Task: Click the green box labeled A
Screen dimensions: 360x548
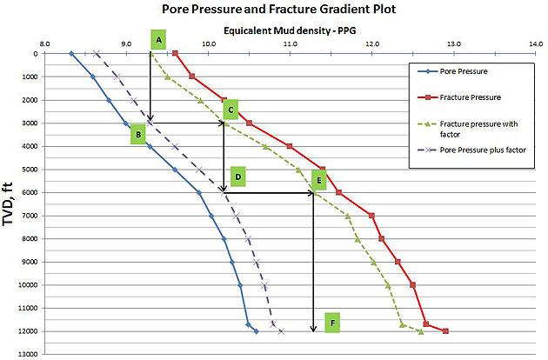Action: tap(158, 40)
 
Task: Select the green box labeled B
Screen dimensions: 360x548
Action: tap(137, 135)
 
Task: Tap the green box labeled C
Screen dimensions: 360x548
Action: tap(230, 110)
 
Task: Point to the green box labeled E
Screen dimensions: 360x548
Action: tap(319, 181)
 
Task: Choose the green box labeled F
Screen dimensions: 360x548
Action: tap(331, 323)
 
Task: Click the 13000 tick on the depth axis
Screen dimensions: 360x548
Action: tap(30, 353)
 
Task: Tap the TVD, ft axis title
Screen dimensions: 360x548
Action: tap(10, 203)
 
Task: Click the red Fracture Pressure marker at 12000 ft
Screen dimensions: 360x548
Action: tap(445, 331)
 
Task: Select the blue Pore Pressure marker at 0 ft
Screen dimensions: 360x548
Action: tap(71, 53)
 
